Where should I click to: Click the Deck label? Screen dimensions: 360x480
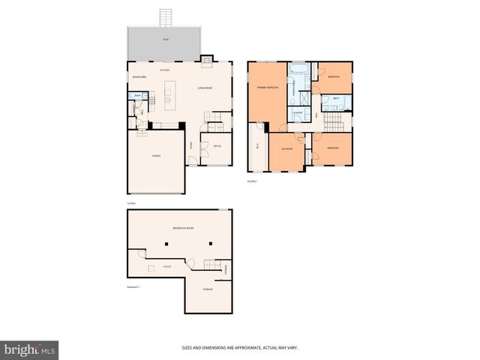coord(165,39)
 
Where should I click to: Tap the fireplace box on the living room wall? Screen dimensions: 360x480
coord(206,58)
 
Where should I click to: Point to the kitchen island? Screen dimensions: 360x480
coord(168,95)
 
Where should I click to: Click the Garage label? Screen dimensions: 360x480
coord(156,156)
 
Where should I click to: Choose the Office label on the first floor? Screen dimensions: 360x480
coord(216,145)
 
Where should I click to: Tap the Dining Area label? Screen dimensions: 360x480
coord(139,76)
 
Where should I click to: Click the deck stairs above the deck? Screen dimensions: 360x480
coord(165,16)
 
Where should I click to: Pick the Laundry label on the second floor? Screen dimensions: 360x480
coord(298,112)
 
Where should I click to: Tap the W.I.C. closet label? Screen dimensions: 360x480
coord(258,145)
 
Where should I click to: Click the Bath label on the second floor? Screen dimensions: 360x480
coord(337,98)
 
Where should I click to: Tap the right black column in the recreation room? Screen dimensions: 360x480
coord(211,244)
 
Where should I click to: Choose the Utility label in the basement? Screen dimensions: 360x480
coord(166,266)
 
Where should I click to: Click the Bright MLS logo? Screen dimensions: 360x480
coord(30,349)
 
